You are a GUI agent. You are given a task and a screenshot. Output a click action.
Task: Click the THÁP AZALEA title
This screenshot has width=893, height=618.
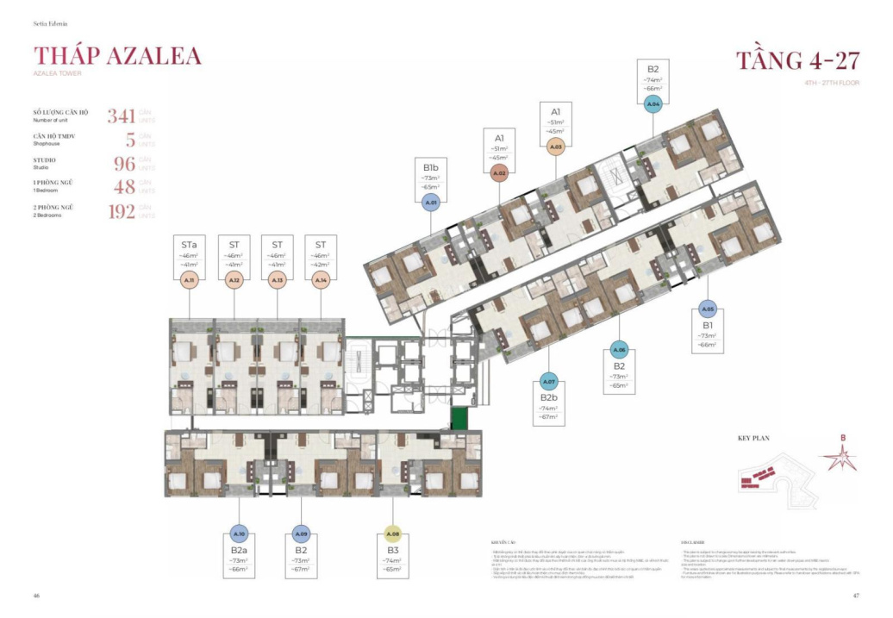point(117,56)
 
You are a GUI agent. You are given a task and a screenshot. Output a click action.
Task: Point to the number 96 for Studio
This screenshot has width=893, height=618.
point(124,164)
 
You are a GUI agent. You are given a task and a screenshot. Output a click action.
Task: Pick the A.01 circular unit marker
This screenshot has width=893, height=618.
point(432,203)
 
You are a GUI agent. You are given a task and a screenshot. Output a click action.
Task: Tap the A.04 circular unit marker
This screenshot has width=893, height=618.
point(653,103)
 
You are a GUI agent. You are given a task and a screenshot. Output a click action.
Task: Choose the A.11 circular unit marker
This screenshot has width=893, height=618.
point(190,280)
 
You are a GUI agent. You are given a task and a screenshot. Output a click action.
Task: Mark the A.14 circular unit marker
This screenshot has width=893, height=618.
point(321,280)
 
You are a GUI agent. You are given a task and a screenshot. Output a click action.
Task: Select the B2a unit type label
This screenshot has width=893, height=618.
point(239,549)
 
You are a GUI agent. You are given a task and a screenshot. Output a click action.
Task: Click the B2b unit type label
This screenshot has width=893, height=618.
point(547,397)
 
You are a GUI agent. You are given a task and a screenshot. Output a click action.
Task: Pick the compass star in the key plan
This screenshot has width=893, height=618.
point(843,458)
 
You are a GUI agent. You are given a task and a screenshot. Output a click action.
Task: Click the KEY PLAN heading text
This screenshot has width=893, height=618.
point(755,438)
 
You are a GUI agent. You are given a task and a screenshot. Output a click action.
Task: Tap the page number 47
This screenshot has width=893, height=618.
point(856,596)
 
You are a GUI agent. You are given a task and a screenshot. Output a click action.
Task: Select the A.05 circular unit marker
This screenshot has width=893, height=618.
point(708,309)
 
